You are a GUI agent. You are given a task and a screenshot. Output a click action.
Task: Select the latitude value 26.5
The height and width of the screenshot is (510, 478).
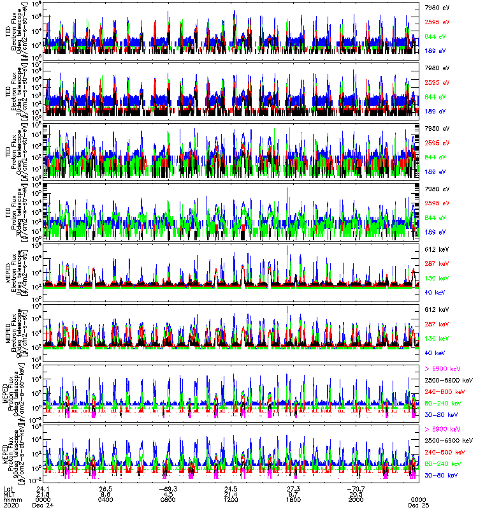(106, 488)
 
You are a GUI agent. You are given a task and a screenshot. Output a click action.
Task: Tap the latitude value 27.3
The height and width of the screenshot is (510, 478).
(293, 488)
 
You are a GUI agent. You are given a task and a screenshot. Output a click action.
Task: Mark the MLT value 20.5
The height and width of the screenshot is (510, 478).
(356, 493)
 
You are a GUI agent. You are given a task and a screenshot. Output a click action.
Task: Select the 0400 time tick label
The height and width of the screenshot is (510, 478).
(106, 499)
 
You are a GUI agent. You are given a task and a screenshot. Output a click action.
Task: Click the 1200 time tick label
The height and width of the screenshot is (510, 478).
(231, 499)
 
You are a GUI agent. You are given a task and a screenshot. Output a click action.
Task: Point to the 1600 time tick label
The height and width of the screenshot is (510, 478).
(293, 499)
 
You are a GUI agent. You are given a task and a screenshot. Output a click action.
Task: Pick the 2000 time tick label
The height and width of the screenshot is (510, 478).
(356, 499)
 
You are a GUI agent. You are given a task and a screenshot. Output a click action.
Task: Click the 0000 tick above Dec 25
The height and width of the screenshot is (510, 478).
(418, 499)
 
